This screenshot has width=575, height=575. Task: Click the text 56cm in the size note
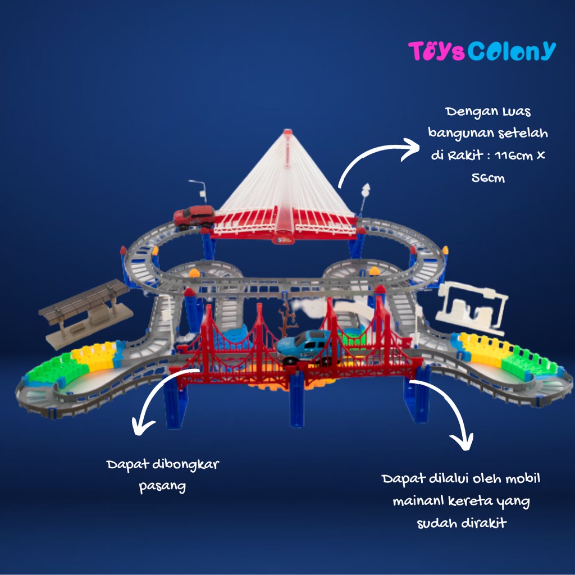point(488,178)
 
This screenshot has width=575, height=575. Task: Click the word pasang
point(162,486)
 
